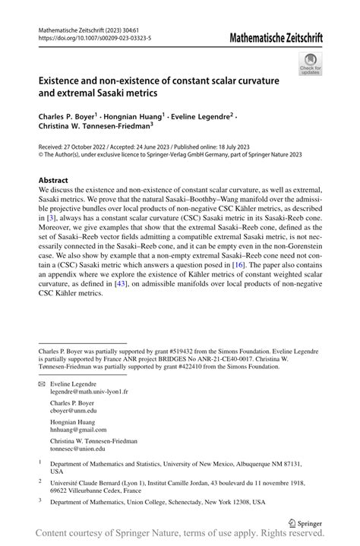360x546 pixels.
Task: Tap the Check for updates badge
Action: (309, 64)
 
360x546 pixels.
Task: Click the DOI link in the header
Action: (94, 36)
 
